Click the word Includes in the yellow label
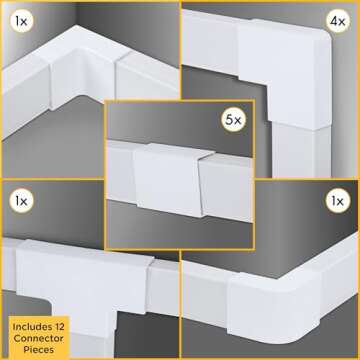tap(32, 326)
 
